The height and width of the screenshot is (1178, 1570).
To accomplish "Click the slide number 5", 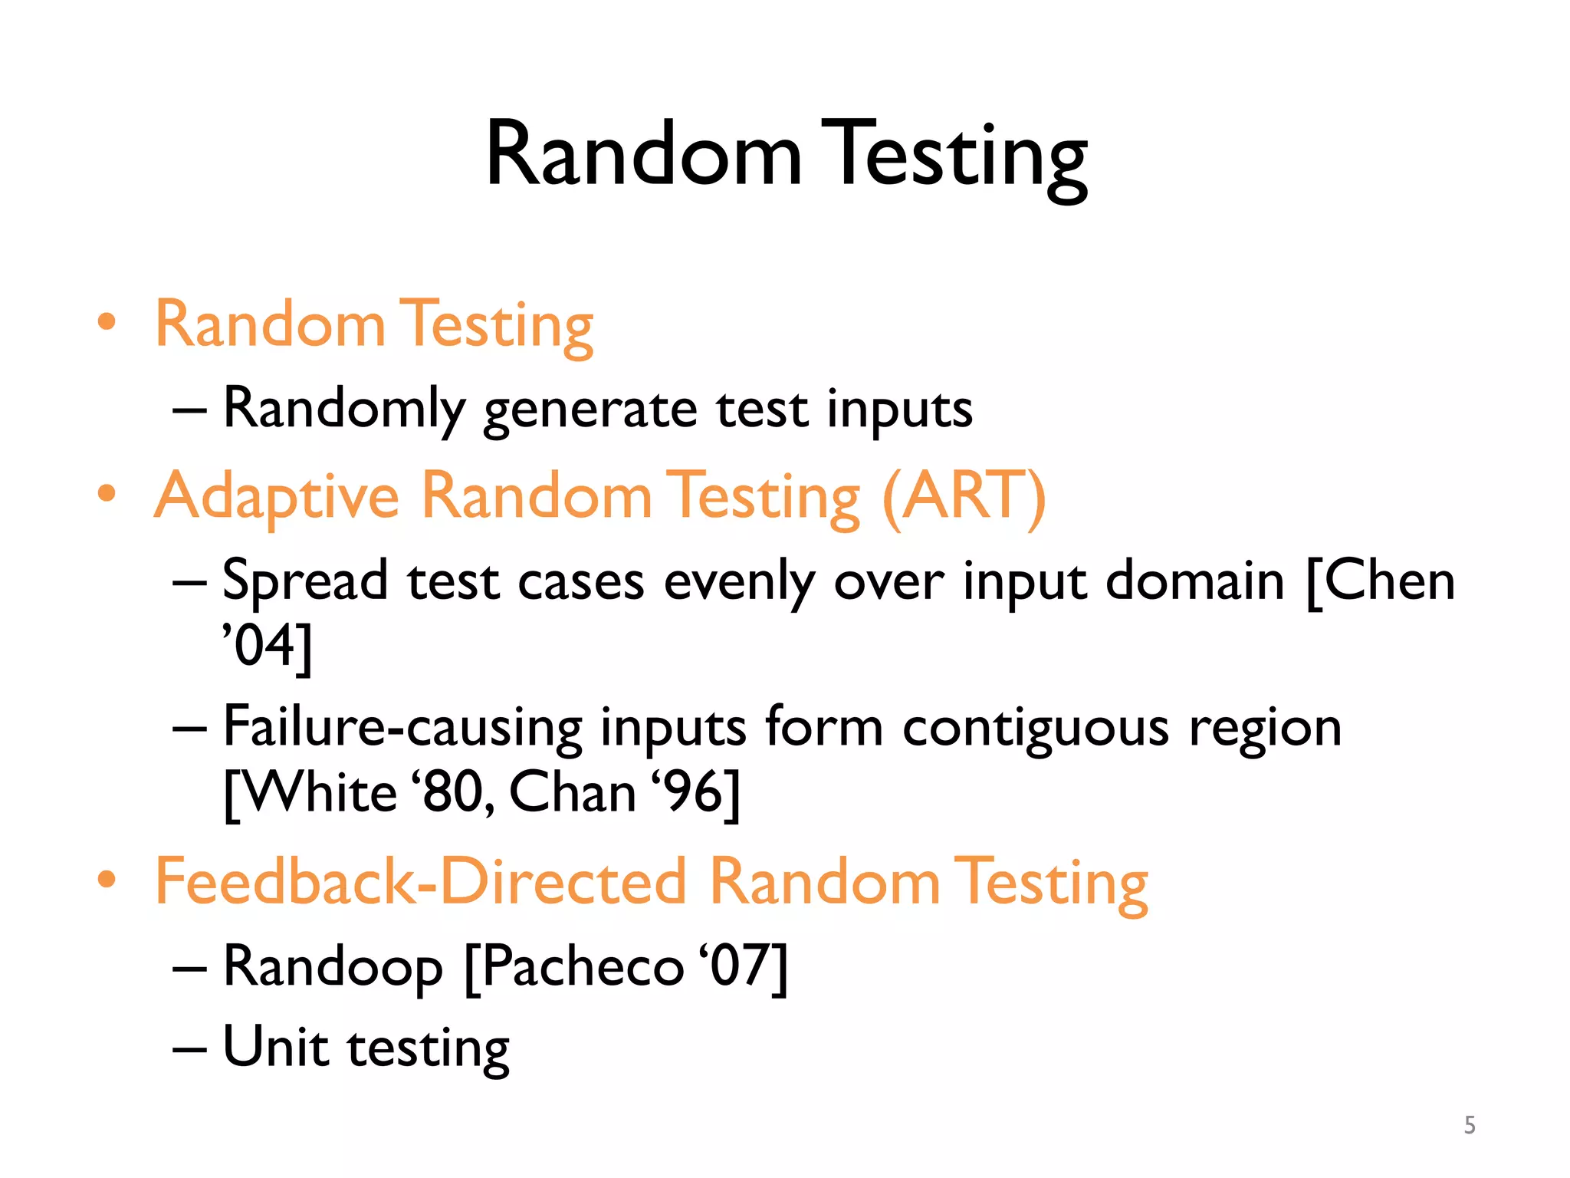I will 1469,1124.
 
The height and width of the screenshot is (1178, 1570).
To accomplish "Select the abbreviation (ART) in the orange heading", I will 964,497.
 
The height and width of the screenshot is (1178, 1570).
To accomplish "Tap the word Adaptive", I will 277,497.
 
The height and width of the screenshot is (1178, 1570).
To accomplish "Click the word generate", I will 590,410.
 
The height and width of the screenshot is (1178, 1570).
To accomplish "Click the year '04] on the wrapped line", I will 268,646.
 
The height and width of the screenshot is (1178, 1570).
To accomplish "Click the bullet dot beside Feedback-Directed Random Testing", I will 107,879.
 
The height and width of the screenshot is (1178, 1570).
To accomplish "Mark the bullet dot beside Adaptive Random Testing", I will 107,494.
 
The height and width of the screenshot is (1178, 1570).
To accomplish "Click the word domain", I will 1194,581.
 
